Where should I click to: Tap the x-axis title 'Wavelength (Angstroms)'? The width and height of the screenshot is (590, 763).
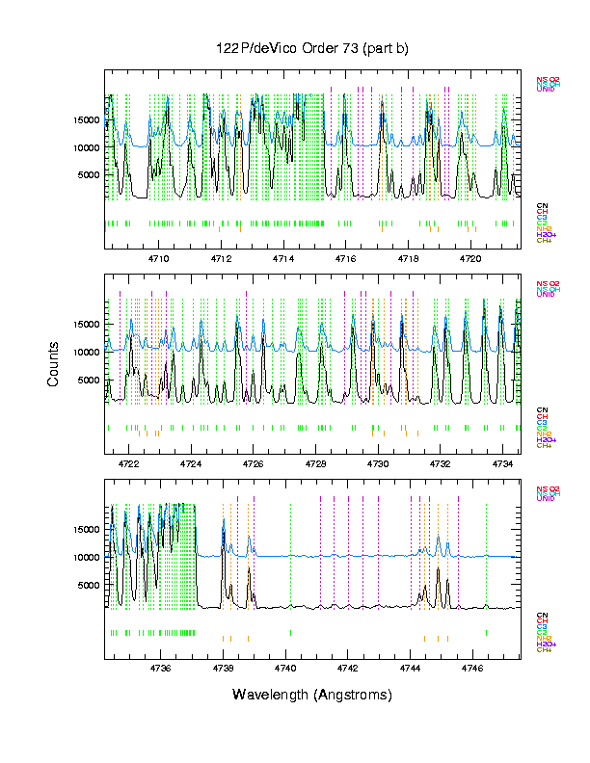(x=312, y=695)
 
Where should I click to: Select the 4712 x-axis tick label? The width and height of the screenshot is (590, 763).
(x=221, y=259)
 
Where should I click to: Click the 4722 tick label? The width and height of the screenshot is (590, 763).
(x=128, y=463)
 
